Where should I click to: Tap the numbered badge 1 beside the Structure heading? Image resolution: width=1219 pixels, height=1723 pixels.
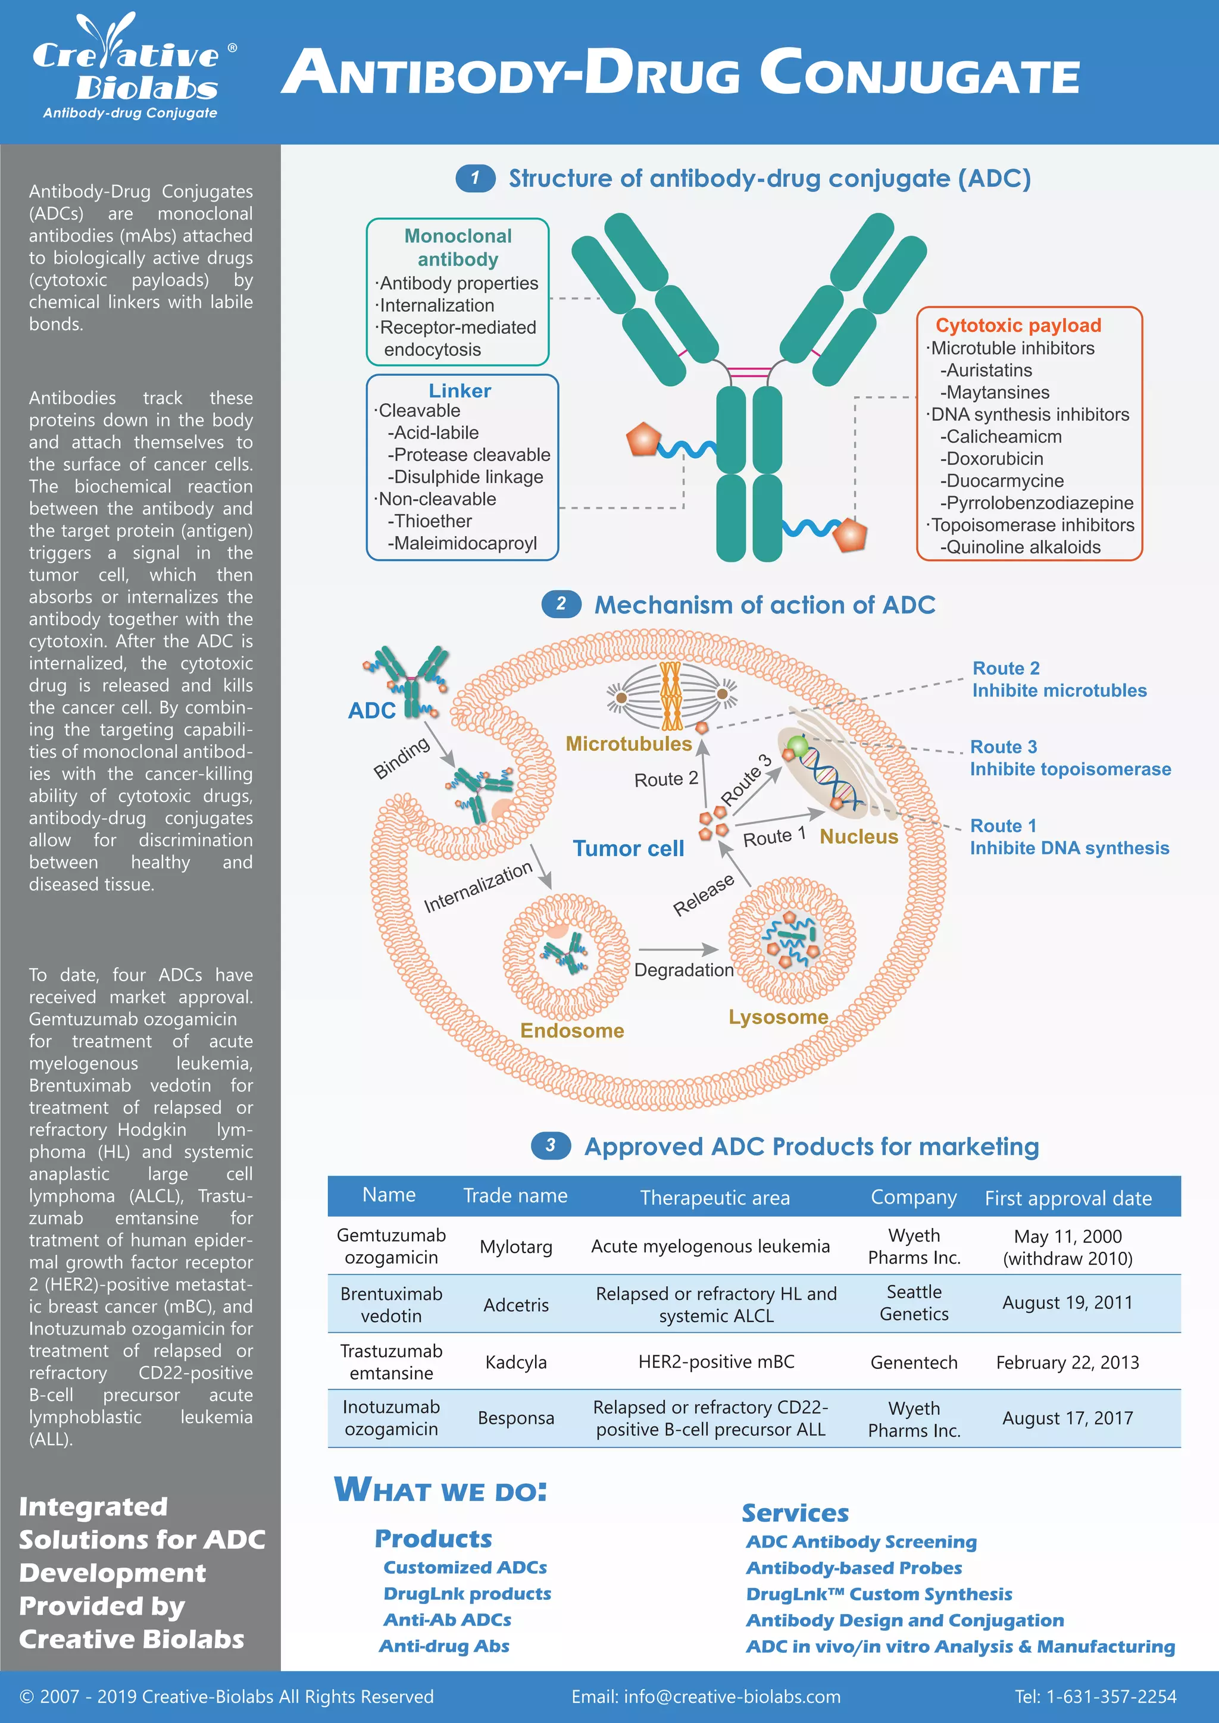[475, 178]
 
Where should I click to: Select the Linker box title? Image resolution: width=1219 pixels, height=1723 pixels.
[460, 391]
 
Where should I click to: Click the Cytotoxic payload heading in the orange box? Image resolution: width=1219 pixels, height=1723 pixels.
[1018, 325]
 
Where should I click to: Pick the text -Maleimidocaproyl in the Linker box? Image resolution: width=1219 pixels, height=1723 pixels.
[462, 543]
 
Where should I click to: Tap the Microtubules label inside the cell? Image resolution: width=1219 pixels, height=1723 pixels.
[629, 744]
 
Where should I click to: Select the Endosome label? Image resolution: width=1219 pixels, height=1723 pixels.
[572, 1030]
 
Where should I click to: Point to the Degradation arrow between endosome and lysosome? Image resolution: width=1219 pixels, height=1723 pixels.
[679, 950]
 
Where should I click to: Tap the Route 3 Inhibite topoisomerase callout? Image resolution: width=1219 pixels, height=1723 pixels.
[1069, 758]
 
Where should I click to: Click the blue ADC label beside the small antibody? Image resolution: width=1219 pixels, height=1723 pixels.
[371, 710]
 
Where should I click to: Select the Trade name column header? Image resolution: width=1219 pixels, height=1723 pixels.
[515, 1195]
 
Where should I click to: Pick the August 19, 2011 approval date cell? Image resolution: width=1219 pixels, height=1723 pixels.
[1067, 1303]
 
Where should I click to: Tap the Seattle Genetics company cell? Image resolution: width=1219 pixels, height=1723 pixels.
[914, 1303]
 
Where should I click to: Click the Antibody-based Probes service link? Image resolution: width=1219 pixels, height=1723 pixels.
[854, 1568]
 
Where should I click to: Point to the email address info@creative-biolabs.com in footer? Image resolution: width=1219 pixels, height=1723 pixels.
[705, 1697]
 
